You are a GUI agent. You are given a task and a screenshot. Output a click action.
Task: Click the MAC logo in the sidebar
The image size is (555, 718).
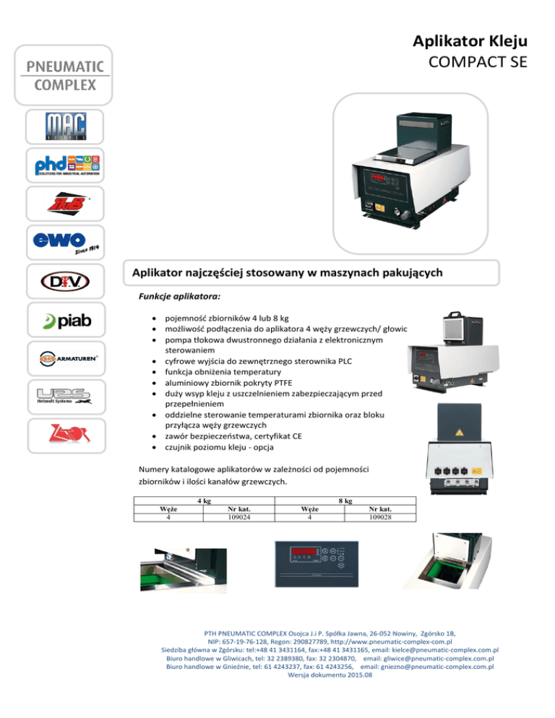pyautogui.click(x=66, y=126)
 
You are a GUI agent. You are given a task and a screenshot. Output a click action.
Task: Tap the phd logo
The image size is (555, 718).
pyautogui.click(x=67, y=165)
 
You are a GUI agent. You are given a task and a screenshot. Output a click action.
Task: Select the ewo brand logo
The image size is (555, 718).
pyautogui.click(x=66, y=243)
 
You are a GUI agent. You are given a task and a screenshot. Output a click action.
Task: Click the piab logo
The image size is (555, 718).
pyautogui.click(x=67, y=321)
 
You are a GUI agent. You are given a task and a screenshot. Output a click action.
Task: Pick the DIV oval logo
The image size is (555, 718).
pyautogui.click(x=65, y=281)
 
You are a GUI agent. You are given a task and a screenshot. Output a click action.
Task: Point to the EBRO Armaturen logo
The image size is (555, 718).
pyautogui.click(x=68, y=358)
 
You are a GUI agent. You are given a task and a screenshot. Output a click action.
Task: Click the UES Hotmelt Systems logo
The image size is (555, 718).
pyautogui.click(x=64, y=396)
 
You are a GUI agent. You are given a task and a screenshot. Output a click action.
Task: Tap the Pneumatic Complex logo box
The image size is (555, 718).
pyautogui.click(x=64, y=75)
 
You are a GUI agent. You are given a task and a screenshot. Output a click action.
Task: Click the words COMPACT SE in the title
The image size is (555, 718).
pyautogui.click(x=478, y=62)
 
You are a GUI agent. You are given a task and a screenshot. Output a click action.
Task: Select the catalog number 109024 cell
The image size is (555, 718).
pyautogui.click(x=239, y=517)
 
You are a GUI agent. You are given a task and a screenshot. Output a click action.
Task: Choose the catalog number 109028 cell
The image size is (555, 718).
pyautogui.click(x=380, y=517)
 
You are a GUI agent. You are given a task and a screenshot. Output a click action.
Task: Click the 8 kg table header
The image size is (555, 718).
pyautogui.click(x=345, y=501)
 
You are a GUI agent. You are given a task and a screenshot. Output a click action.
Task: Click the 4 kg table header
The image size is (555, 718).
pyautogui.click(x=205, y=501)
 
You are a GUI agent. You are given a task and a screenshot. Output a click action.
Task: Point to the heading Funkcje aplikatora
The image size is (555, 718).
pyautogui.click(x=180, y=296)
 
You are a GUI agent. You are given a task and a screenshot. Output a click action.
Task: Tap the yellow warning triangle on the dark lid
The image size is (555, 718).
pyautogui.click(x=459, y=432)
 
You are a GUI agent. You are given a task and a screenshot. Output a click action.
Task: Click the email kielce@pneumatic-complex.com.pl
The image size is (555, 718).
pyautogui.click(x=445, y=650)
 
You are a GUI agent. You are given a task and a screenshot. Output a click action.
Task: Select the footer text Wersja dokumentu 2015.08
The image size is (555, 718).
pyautogui.click(x=330, y=675)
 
